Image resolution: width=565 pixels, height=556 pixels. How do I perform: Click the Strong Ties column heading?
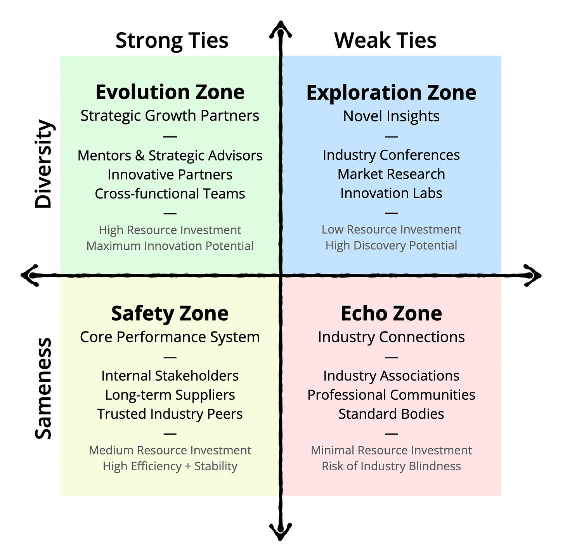pyautogui.click(x=172, y=40)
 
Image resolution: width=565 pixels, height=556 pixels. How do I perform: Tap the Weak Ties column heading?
pyautogui.click(x=385, y=40)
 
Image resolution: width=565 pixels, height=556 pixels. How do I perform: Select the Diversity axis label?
pyautogui.click(x=43, y=164)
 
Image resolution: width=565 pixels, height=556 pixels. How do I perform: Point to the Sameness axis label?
pyautogui.click(x=43, y=388)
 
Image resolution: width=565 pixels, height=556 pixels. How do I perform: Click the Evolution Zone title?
pyautogui.click(x=170, y=92)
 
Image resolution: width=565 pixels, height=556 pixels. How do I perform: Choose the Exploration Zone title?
pyautogui.click(x=391, y=93)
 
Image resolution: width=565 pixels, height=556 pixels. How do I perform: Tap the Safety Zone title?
pyautogui.click(x=170, y=313)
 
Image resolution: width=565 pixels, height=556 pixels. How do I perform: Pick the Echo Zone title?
pyautogui.click(x=391, y=313)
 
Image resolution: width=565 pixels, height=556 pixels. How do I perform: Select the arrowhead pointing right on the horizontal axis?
pyautogui.click(x=535, y=275)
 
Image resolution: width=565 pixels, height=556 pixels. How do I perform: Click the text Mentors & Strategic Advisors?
pyautogui.click(x=170, y=155)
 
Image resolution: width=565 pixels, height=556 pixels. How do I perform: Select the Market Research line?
pyautogui.click(x=391, y=174)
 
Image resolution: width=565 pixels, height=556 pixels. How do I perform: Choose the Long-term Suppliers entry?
pyautogui.click(x=170, y=395)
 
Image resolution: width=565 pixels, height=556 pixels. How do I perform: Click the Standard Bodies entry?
pyautogui.click(x=391, y=414)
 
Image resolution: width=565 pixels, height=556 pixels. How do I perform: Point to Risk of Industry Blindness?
pyautogui.click(x=391, y=466)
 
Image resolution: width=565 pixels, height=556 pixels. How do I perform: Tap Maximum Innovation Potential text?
pyautogui.click(x=170, y=246)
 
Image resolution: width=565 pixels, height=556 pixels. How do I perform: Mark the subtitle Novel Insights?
pyautogui.click(x=391, y=116)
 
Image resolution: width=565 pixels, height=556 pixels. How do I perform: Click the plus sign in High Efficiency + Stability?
pyautogui.click(x=188, y=466)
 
